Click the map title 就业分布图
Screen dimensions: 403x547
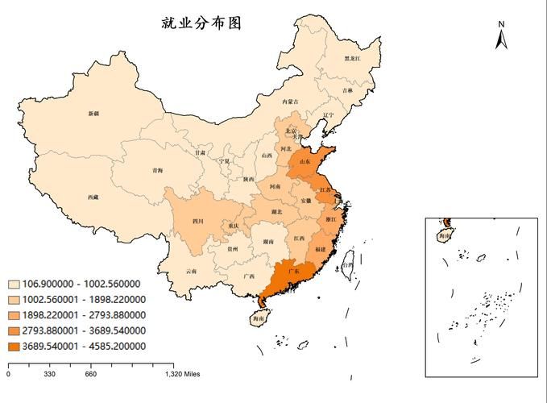click(x=201, y=23)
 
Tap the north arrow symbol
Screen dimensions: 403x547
click(x=500, y=35)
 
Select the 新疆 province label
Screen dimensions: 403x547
click(x=94, y=114)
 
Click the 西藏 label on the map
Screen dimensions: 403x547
click(x=93, y=197)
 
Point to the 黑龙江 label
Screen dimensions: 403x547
click(x=353, y=58)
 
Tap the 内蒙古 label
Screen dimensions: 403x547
click(x=290, y=102)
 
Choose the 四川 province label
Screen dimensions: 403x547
click(x=197, y=221)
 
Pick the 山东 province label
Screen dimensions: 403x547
click(x=305, y=162)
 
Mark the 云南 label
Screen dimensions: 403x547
click(x=191, y=271)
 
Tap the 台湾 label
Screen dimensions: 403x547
click(x=347, y=264)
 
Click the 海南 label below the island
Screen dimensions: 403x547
click(x=257, y=320)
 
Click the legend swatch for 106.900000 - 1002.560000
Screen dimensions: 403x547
click(x=14, y=284)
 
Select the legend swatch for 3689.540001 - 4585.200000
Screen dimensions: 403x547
click(x=14, y=346)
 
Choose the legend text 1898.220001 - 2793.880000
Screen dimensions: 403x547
click(x=84, y=315)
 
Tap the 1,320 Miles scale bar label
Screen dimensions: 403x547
click(x=182, y=374)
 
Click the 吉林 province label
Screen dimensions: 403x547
click(x=347, y=90)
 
